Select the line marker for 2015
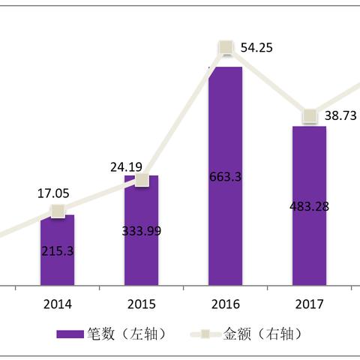[x=142, y=180]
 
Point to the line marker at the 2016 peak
[x=226, y=48]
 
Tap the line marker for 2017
[x=309, y=115]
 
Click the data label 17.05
[x=54, y=193]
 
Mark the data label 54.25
[x=256, y=47]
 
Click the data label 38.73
[x=340, y=115]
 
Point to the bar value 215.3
[x=58, y=251]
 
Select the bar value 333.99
[x=142, y=230]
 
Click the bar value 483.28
[x=309, y=205]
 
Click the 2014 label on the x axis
[x=58, y=304]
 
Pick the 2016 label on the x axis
[x=225, y=304]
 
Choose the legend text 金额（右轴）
[x=259, y=333]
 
